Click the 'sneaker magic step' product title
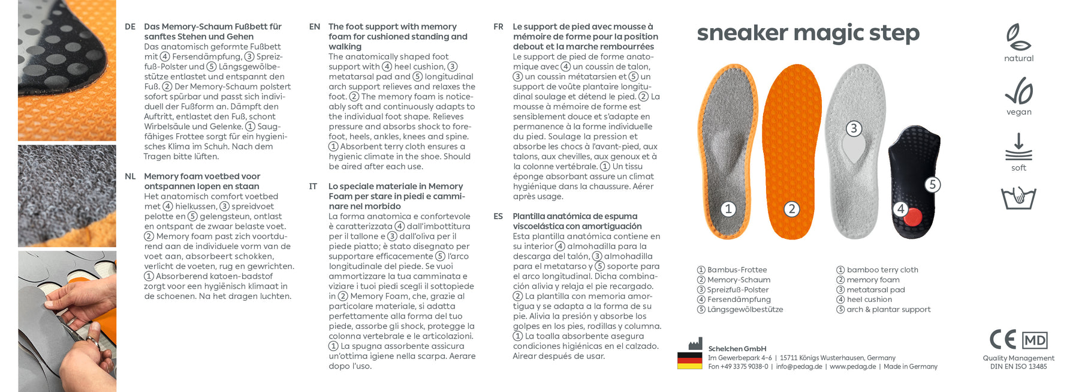[807, 32]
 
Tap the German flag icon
[689, 360]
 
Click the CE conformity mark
[1002, 340]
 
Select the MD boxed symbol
[1035, 340]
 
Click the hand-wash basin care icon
[1018, 198]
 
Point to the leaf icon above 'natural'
[1018, 37]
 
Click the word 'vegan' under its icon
[1019, 112]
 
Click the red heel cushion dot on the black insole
[912, 217]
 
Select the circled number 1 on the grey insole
[728, 209]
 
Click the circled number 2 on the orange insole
[792, 209]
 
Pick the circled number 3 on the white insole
[854, 128]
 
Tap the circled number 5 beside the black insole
[932, 185]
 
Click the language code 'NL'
[130, 176]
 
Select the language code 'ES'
[498, 216]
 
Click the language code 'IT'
[313, 187]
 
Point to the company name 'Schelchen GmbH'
[737, 349]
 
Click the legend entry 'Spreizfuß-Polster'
[737, 290]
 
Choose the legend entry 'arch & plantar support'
[888, 310]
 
